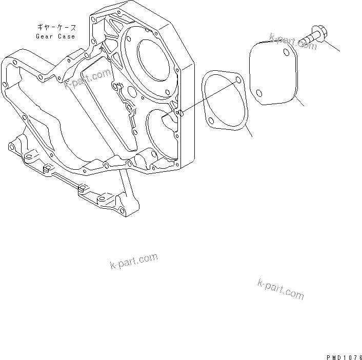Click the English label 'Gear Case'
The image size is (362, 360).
point(55,36)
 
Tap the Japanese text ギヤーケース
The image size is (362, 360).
point(56,27)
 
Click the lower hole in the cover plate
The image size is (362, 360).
point(259,93)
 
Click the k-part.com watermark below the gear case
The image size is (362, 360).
point(134,261)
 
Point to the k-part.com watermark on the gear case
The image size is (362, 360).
point(88,78)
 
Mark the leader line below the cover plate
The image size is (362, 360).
point(299,101)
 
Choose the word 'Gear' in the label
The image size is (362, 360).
point(44,36)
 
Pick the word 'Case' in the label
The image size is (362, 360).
point(67,36)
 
